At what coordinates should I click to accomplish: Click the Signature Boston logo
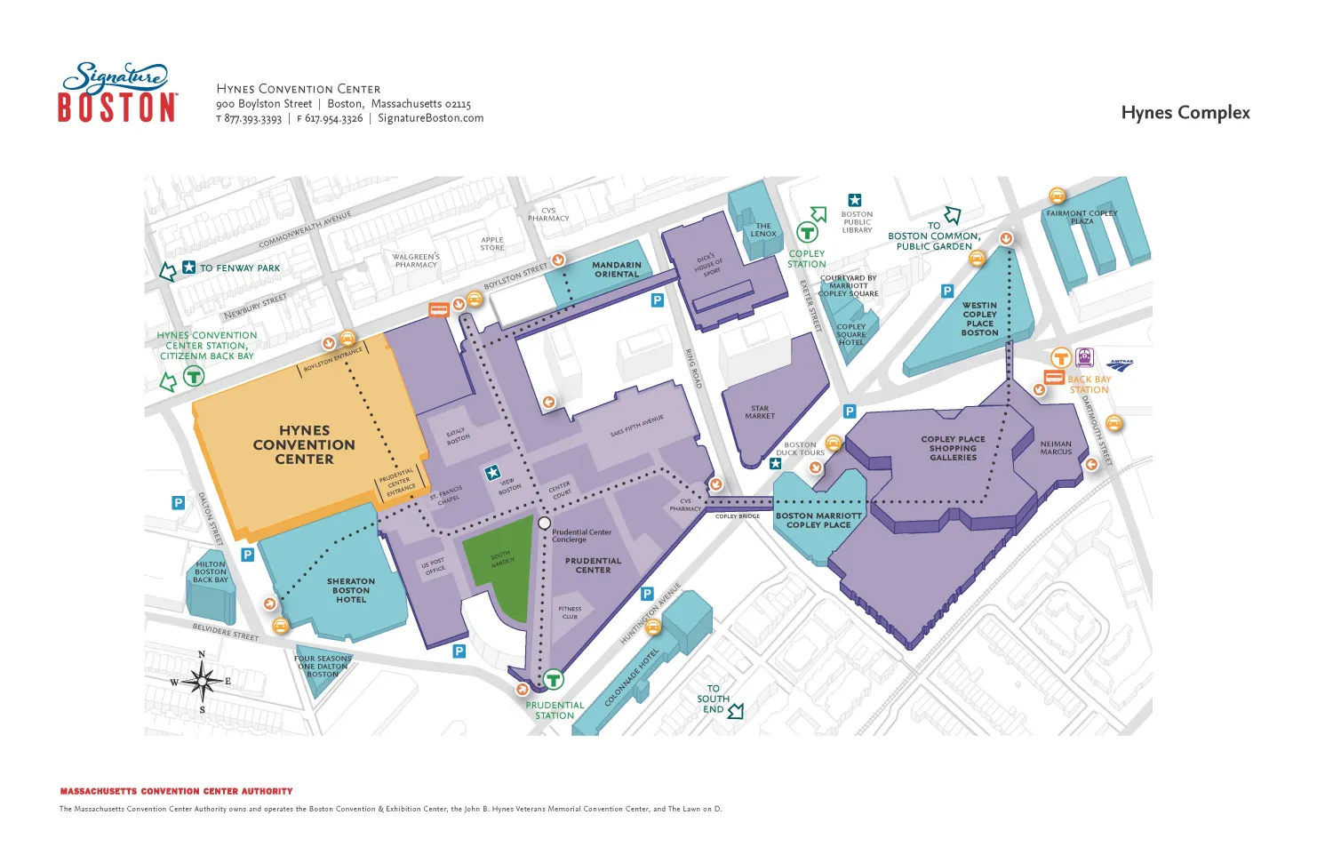pos(116,92)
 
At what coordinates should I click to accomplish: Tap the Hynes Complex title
pos(1185,113)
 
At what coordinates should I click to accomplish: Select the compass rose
pos(203,683)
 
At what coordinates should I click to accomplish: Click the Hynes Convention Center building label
pos(304,444)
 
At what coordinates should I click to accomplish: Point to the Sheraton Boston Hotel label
pos(351,590)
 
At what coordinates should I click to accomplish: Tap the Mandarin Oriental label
pos(616,269)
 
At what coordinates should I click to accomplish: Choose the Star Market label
pos(760,412)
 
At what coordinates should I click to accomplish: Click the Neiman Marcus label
pos(1056,448)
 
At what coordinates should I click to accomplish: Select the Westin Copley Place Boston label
pos(979,318)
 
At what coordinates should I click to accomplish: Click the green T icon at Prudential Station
pos(553,680)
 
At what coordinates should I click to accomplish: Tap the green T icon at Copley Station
pos(807,233)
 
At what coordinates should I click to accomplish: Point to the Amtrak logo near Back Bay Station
pos(1120,364)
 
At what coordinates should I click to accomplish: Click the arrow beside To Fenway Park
pos(167,272)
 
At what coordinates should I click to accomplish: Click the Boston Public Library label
pos(857,221)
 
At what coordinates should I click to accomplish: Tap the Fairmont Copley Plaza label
pos(1082,217)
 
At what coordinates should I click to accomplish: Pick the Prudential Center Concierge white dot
pos(545,523)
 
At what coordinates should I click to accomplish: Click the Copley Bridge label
pos(738,516)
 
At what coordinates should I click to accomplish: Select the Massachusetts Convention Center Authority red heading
pos(176,791)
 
